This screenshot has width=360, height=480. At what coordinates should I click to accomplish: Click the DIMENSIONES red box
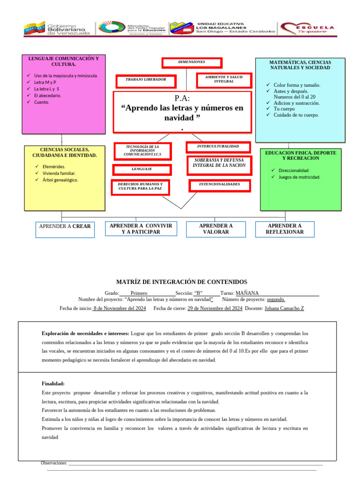[192, 62]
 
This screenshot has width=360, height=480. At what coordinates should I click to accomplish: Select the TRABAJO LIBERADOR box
[146, 80]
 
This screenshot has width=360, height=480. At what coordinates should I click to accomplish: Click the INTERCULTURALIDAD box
[218, 147]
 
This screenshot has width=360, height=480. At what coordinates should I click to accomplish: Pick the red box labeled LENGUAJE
[142, 169]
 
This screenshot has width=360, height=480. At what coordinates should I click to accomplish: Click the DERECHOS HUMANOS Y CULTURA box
[141, 187]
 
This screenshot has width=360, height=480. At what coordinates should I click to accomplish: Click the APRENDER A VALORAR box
[216, 229]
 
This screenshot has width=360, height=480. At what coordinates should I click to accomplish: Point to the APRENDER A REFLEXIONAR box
[285, 229]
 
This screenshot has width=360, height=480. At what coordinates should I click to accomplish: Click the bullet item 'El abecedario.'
[48, 95]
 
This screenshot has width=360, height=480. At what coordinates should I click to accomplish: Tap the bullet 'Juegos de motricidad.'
[299, 177]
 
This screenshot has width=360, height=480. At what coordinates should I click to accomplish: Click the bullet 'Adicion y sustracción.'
[296, 103]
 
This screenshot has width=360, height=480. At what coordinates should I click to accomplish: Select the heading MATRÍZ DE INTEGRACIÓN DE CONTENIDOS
[181, 282]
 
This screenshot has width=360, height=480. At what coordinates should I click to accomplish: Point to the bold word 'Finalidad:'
[53, 383]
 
